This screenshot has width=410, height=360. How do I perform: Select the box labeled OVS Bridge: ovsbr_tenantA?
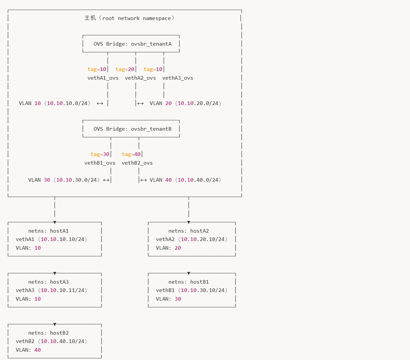tap(131, 44)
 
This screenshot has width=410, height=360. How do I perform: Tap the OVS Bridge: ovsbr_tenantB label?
tap(132, 129)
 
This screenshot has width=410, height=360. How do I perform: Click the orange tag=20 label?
tap(125, 69)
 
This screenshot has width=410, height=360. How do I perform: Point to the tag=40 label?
tap(131, 154)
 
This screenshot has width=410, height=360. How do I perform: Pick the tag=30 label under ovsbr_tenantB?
tap(100, 154)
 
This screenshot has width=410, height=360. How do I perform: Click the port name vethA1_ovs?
tap(103, 78)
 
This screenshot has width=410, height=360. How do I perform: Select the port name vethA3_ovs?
tap(178, 78)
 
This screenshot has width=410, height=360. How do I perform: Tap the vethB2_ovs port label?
tap(137, 163)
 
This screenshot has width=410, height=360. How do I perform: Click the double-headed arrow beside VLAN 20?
tap(140, 103)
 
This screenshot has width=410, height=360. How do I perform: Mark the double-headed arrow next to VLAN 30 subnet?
tap(106, 180)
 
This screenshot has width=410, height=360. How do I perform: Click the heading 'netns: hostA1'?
tap(48, 231)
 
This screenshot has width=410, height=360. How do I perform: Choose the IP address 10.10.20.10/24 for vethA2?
tap(203, 239)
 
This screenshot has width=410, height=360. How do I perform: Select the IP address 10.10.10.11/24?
tap(63, 290)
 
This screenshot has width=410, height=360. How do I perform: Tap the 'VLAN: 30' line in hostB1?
tap(168, 299)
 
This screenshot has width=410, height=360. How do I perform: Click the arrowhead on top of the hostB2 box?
tap(55, 324)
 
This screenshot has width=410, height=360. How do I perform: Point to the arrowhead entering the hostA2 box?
tap(189, 222)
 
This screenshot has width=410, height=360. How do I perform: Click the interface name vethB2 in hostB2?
tap(25, 341)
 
